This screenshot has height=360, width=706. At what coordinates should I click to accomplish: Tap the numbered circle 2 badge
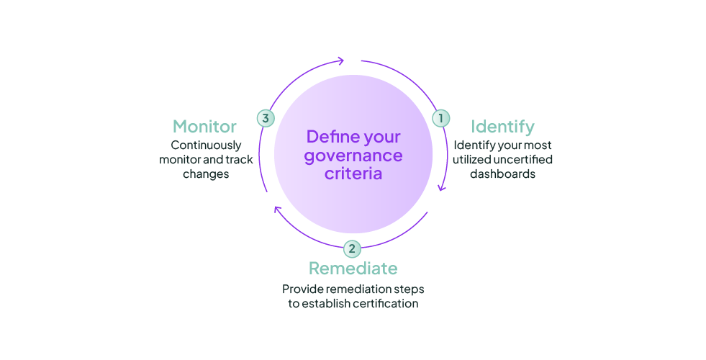[352, 249]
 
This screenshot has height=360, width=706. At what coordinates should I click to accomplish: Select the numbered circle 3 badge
[266, 118]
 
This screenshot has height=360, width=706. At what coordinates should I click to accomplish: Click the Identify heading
[502, 127]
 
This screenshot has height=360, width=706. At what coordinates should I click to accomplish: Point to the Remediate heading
[353, 269]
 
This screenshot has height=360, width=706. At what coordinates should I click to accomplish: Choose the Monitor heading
[204, 127]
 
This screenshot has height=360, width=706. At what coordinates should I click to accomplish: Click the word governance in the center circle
[353, 156]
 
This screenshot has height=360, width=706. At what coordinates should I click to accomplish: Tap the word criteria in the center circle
[353, 174]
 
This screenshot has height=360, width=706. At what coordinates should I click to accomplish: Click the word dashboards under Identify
[502, 174]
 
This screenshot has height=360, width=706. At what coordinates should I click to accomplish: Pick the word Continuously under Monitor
[206, 145]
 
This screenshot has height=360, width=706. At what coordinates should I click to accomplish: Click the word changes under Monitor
[206, 174]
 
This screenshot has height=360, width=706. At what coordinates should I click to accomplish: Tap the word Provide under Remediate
[302, 289]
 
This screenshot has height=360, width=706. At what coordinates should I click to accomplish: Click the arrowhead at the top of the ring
[341, 62]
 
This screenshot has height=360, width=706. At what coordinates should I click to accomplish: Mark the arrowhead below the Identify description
[443, 189]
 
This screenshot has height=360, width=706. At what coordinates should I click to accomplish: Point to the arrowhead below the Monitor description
[276, 209]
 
